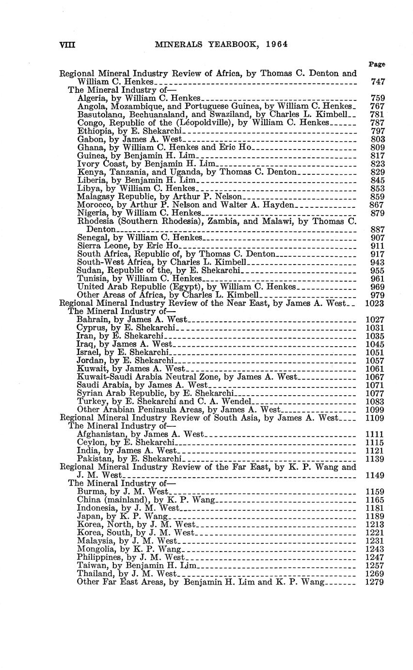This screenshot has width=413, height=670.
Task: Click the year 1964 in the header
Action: (277, 44)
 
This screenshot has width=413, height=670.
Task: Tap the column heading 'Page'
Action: (377, 64)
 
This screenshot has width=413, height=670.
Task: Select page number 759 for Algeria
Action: (378, 98)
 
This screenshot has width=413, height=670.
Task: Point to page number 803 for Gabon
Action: (378, 139)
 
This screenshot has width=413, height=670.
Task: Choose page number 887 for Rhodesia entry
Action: (378, 229)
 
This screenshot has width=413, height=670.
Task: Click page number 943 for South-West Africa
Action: (378, 263)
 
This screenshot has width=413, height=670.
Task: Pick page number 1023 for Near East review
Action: (375, 303)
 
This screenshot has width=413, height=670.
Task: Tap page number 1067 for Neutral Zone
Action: (375, 377)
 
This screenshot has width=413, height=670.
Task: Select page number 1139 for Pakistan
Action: (375, 459)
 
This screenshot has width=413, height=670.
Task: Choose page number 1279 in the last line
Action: (375, 582)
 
